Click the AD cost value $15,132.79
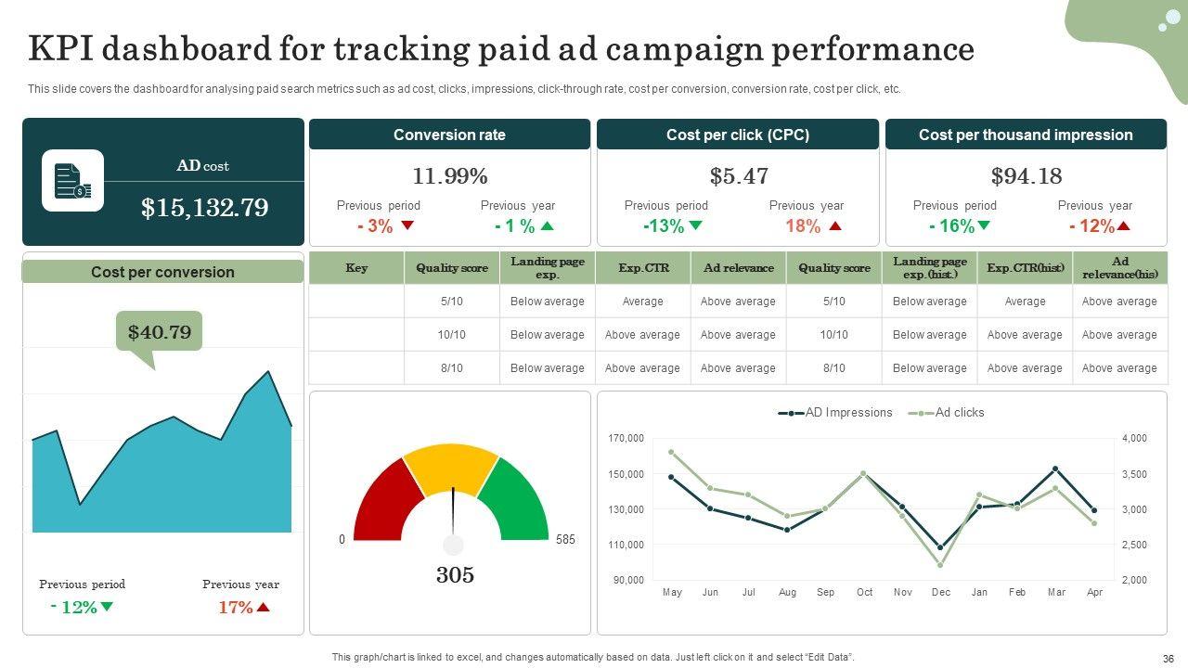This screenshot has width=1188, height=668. [204, 208]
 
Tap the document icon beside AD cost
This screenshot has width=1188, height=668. [72, 181]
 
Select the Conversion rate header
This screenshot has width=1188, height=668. [449, 135]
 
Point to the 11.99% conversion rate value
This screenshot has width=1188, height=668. [449, 176]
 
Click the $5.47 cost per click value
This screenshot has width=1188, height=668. [738, 176]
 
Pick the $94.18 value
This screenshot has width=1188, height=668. [1026, 176]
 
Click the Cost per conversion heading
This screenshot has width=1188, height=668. [162, 272]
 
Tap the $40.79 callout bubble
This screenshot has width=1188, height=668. [159, 332]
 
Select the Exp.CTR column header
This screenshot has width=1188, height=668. [642, 268]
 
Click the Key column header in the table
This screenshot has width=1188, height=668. [356, 268]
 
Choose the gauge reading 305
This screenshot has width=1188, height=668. [455, 575]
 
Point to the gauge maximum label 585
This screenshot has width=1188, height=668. [565, 540]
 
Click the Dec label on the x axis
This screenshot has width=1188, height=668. [941, 592]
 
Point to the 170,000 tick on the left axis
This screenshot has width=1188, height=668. [626, 438]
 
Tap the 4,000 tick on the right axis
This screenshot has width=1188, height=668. [1134, 438]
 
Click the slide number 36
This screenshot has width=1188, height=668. [1168, 658]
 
